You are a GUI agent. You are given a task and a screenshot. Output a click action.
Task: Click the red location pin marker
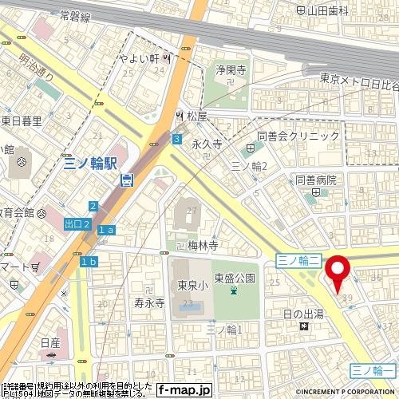pos(340,272)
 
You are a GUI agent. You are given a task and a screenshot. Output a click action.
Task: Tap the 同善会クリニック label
pos(298,136)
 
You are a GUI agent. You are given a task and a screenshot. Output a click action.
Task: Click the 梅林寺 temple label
pos(202,246)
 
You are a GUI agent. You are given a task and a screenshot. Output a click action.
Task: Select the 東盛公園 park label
pos(234,278)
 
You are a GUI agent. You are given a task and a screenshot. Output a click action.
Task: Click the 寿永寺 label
pos(148,303)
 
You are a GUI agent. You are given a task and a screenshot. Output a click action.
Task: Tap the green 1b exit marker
pos(88,262)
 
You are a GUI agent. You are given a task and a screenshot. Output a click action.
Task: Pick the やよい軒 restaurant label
pos(142,58)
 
